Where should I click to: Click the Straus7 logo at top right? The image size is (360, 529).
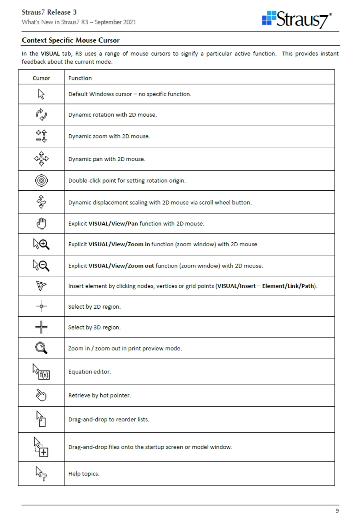click(297, 19)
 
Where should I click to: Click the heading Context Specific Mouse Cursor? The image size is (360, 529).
click(70, 40)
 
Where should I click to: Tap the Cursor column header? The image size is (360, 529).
click(41, 78)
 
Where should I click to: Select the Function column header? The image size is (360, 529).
click(80, 78)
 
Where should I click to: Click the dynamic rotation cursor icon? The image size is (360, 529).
click(41, 115)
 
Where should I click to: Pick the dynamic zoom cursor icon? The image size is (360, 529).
click(41, 136)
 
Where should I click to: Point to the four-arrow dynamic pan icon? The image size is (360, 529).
click(41, 159)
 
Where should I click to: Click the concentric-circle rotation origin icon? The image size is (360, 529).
click(41, 181)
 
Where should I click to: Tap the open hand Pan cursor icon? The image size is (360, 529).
click(41, 224)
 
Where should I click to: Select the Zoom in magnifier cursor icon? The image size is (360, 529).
click(41, 244)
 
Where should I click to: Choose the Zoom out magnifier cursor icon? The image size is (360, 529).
click(41, 265)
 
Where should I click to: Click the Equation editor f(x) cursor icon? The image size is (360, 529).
click(41, 371)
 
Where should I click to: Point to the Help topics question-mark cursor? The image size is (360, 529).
click(41, 473)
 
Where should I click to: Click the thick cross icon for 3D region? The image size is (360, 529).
click(41, 327)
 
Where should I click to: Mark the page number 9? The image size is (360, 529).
click(337, 511)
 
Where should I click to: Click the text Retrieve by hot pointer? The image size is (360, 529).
click(100, 395)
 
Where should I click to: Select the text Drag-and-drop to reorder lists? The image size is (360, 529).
click(108, 419)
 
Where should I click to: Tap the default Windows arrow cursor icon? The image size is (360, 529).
click(41, 94)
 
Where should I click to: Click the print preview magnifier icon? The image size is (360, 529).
click(41, 348)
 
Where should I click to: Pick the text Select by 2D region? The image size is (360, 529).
click(94, 307)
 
